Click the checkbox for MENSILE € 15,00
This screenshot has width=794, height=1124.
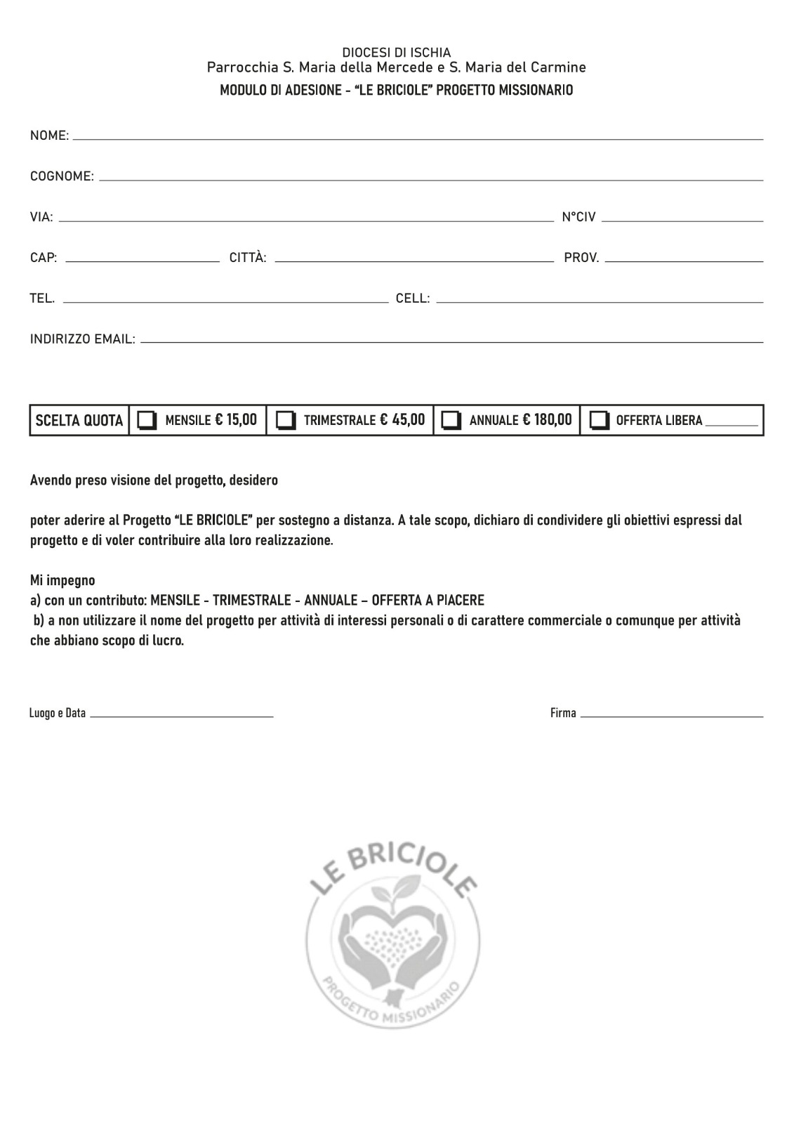[x=147, y=420]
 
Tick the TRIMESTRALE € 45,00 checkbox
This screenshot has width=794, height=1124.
[x=285, y=420]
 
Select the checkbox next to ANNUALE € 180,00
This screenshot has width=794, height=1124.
[x=451, y=420]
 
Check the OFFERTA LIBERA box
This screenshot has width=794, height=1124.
[x=599, y=420]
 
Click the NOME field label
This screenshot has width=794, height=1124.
[x=49, y=136]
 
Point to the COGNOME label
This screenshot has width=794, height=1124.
[x=62, y=176]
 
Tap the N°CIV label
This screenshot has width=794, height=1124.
[x=578, y=217]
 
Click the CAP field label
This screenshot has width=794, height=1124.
[x=44, y=258]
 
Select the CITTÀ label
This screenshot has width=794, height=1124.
[x=248, y=258]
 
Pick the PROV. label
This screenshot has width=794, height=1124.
[x=581, y=258]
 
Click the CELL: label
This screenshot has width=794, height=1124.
[x=413, y=299]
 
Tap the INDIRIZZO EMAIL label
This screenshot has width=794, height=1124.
[x=82, y=339]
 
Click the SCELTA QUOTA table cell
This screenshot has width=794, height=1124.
[x=79, y=421]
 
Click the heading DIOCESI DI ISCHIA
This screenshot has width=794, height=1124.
[x=397, y=53]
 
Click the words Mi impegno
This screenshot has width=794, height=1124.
[x=62, y=581]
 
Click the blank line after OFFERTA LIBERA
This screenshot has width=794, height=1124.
[x=732, y=424]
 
